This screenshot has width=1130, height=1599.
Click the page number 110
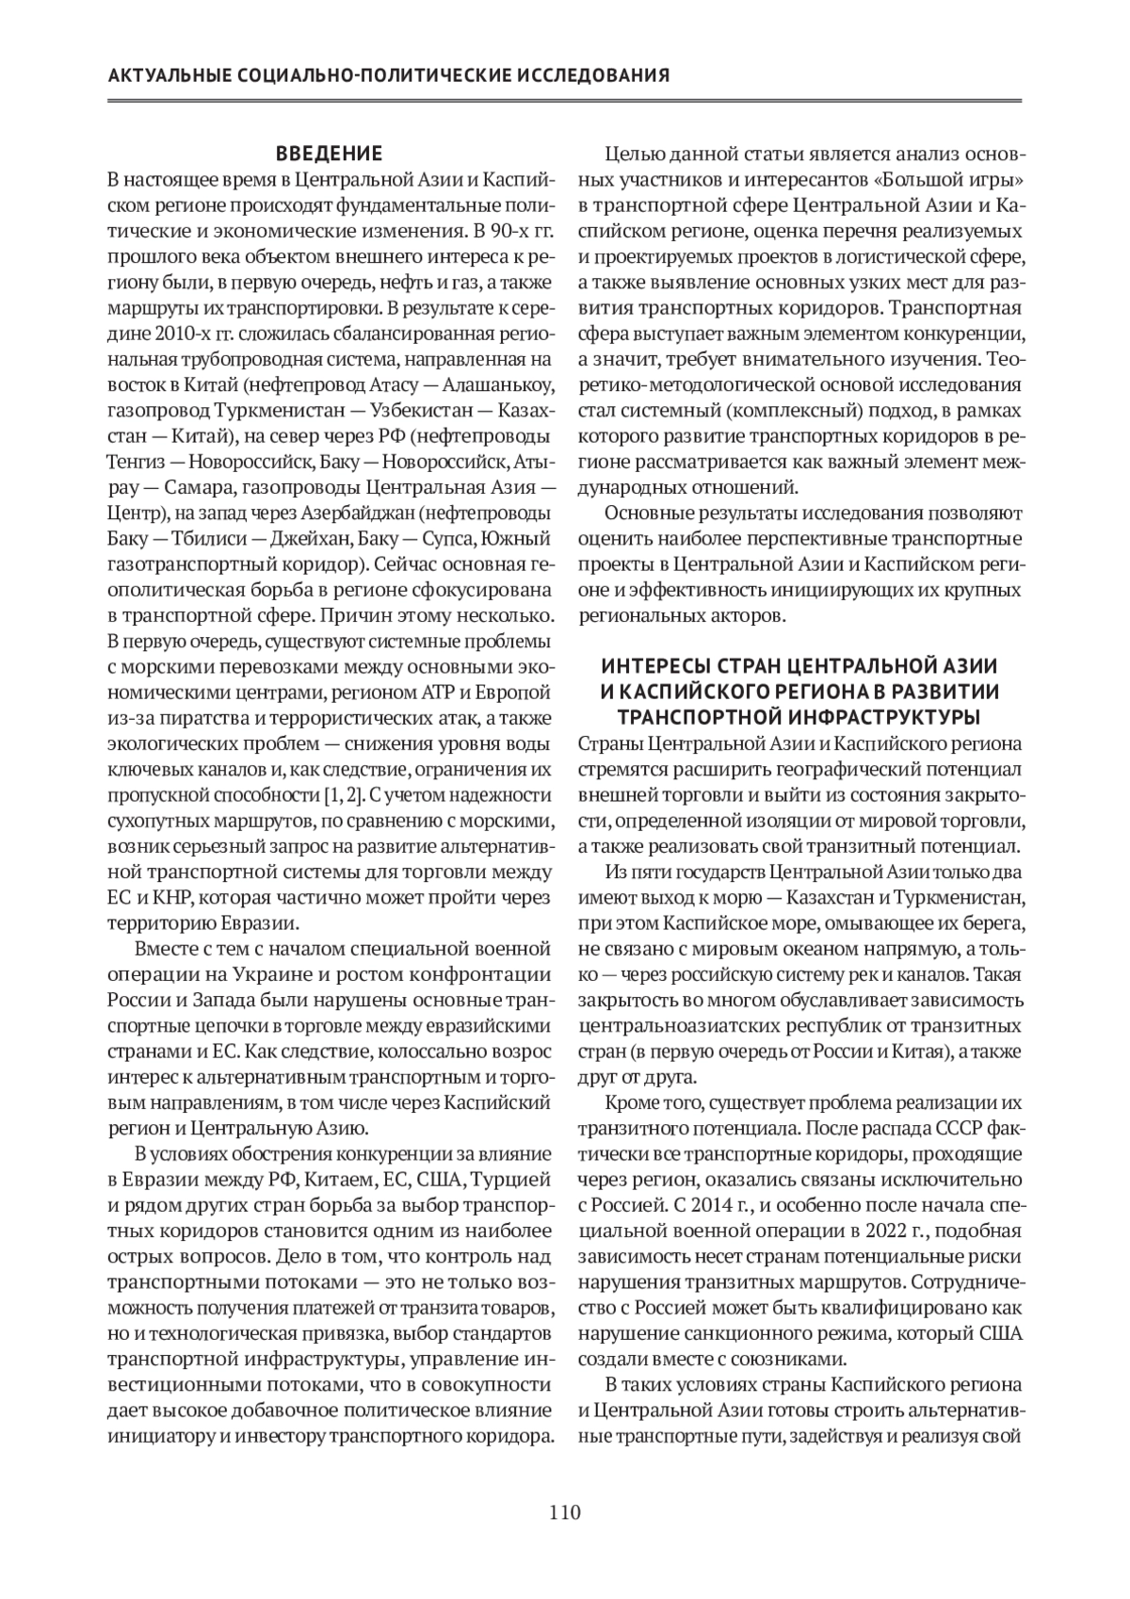pyautogui.click(x=565, y=1513)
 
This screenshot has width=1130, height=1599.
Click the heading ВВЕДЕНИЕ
pyautogui.click(x=329, y=154)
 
